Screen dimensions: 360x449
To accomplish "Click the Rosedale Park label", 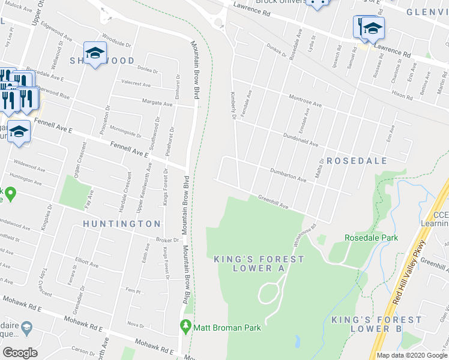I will tap(371, 238).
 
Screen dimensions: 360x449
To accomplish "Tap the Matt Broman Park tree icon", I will tap(185, 327).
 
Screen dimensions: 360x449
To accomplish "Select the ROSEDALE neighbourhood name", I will tap(357, 161).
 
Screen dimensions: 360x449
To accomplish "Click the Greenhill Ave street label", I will tap(273, 202).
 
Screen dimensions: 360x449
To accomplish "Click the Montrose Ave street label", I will tap(306, 101).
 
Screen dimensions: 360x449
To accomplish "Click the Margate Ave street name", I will tap(157, 103).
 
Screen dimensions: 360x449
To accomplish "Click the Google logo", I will tap(20, 353).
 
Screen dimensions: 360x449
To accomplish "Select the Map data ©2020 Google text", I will tap(411, 355).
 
